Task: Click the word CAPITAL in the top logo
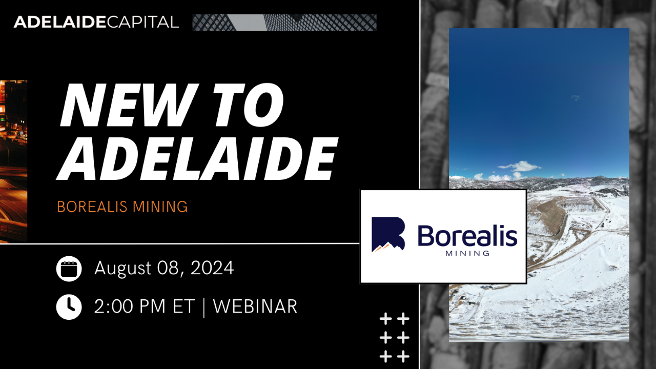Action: (x=143, y=22)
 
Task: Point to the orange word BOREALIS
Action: (x=92, y=207)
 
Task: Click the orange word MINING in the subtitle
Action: (x=159, y=207)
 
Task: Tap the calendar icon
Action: (x=69, y=269)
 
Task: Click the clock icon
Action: (x=69, y=306)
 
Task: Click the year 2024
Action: (x=212, y=268)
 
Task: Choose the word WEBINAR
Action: (x=255, y=306)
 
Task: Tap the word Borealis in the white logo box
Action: (x=467, y=236)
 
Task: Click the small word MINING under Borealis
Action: (x=467, y=253)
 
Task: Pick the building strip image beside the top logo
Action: (x=284, y=23)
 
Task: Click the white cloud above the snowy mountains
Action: (x=520, y=167)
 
